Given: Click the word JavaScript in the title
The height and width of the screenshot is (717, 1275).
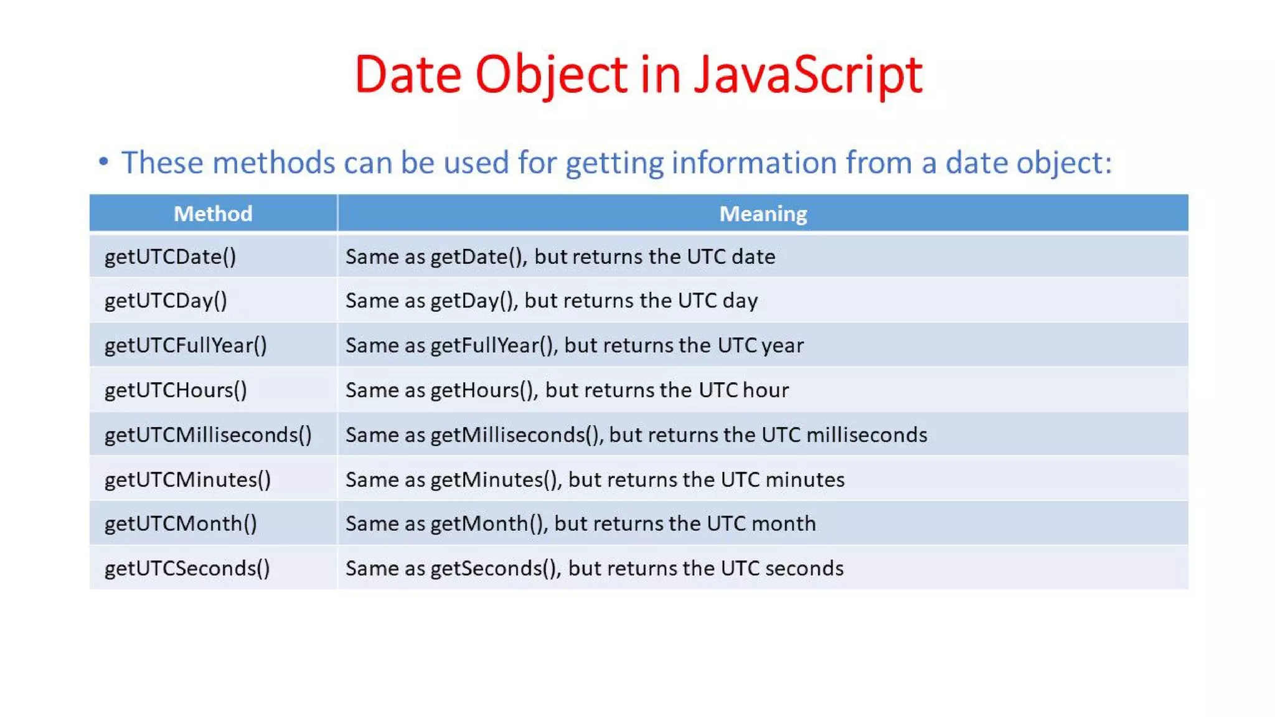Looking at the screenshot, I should [807, 75].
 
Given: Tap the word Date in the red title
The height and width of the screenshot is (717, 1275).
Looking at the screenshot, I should [408, 75].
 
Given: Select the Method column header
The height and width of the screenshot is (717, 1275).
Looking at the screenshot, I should [213, 213].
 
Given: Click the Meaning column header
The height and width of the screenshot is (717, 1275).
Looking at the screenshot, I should [763, 213].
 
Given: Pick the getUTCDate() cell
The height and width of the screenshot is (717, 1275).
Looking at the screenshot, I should [170, 256].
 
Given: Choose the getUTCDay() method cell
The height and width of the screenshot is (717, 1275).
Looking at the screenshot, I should [166, 301].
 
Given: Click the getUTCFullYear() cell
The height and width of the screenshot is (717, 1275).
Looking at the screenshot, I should [186, 345].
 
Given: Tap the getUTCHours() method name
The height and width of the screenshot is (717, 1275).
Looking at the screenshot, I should [176, 390].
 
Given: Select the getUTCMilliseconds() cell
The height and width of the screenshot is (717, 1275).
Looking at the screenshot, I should [208, 434].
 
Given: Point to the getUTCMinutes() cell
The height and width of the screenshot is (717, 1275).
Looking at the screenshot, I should [187, 479].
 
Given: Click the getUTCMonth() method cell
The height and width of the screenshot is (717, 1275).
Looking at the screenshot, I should [181, 523].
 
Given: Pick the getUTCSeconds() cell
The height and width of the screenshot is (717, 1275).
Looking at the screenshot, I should [187, 568].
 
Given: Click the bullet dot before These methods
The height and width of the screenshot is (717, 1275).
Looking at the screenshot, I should [103, 162].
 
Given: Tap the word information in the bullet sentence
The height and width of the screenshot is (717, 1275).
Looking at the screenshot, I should [753, 162].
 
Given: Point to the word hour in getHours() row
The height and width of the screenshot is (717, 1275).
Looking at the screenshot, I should [765, 390].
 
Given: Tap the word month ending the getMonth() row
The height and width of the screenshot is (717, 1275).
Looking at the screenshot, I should [783, 523].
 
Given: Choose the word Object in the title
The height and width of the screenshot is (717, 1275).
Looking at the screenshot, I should [552, 75].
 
